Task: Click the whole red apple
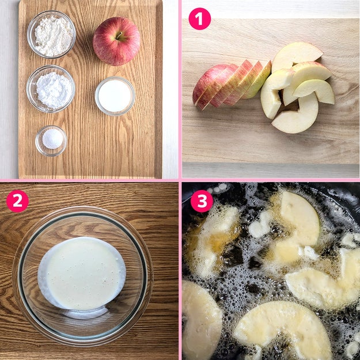click(116, 41)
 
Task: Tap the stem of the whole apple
click(119, 35)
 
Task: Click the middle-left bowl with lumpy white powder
click(51, 89)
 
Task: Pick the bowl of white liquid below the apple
click(115, 96)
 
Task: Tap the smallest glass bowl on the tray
click(51, 141)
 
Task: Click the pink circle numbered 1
click(199, 19)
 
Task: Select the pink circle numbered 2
click(17, 201)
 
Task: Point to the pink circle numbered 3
click(202, 201)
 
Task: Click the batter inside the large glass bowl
click(82, 273)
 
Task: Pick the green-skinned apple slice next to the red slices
click(258, 81)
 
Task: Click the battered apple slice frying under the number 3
click(216, 241)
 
